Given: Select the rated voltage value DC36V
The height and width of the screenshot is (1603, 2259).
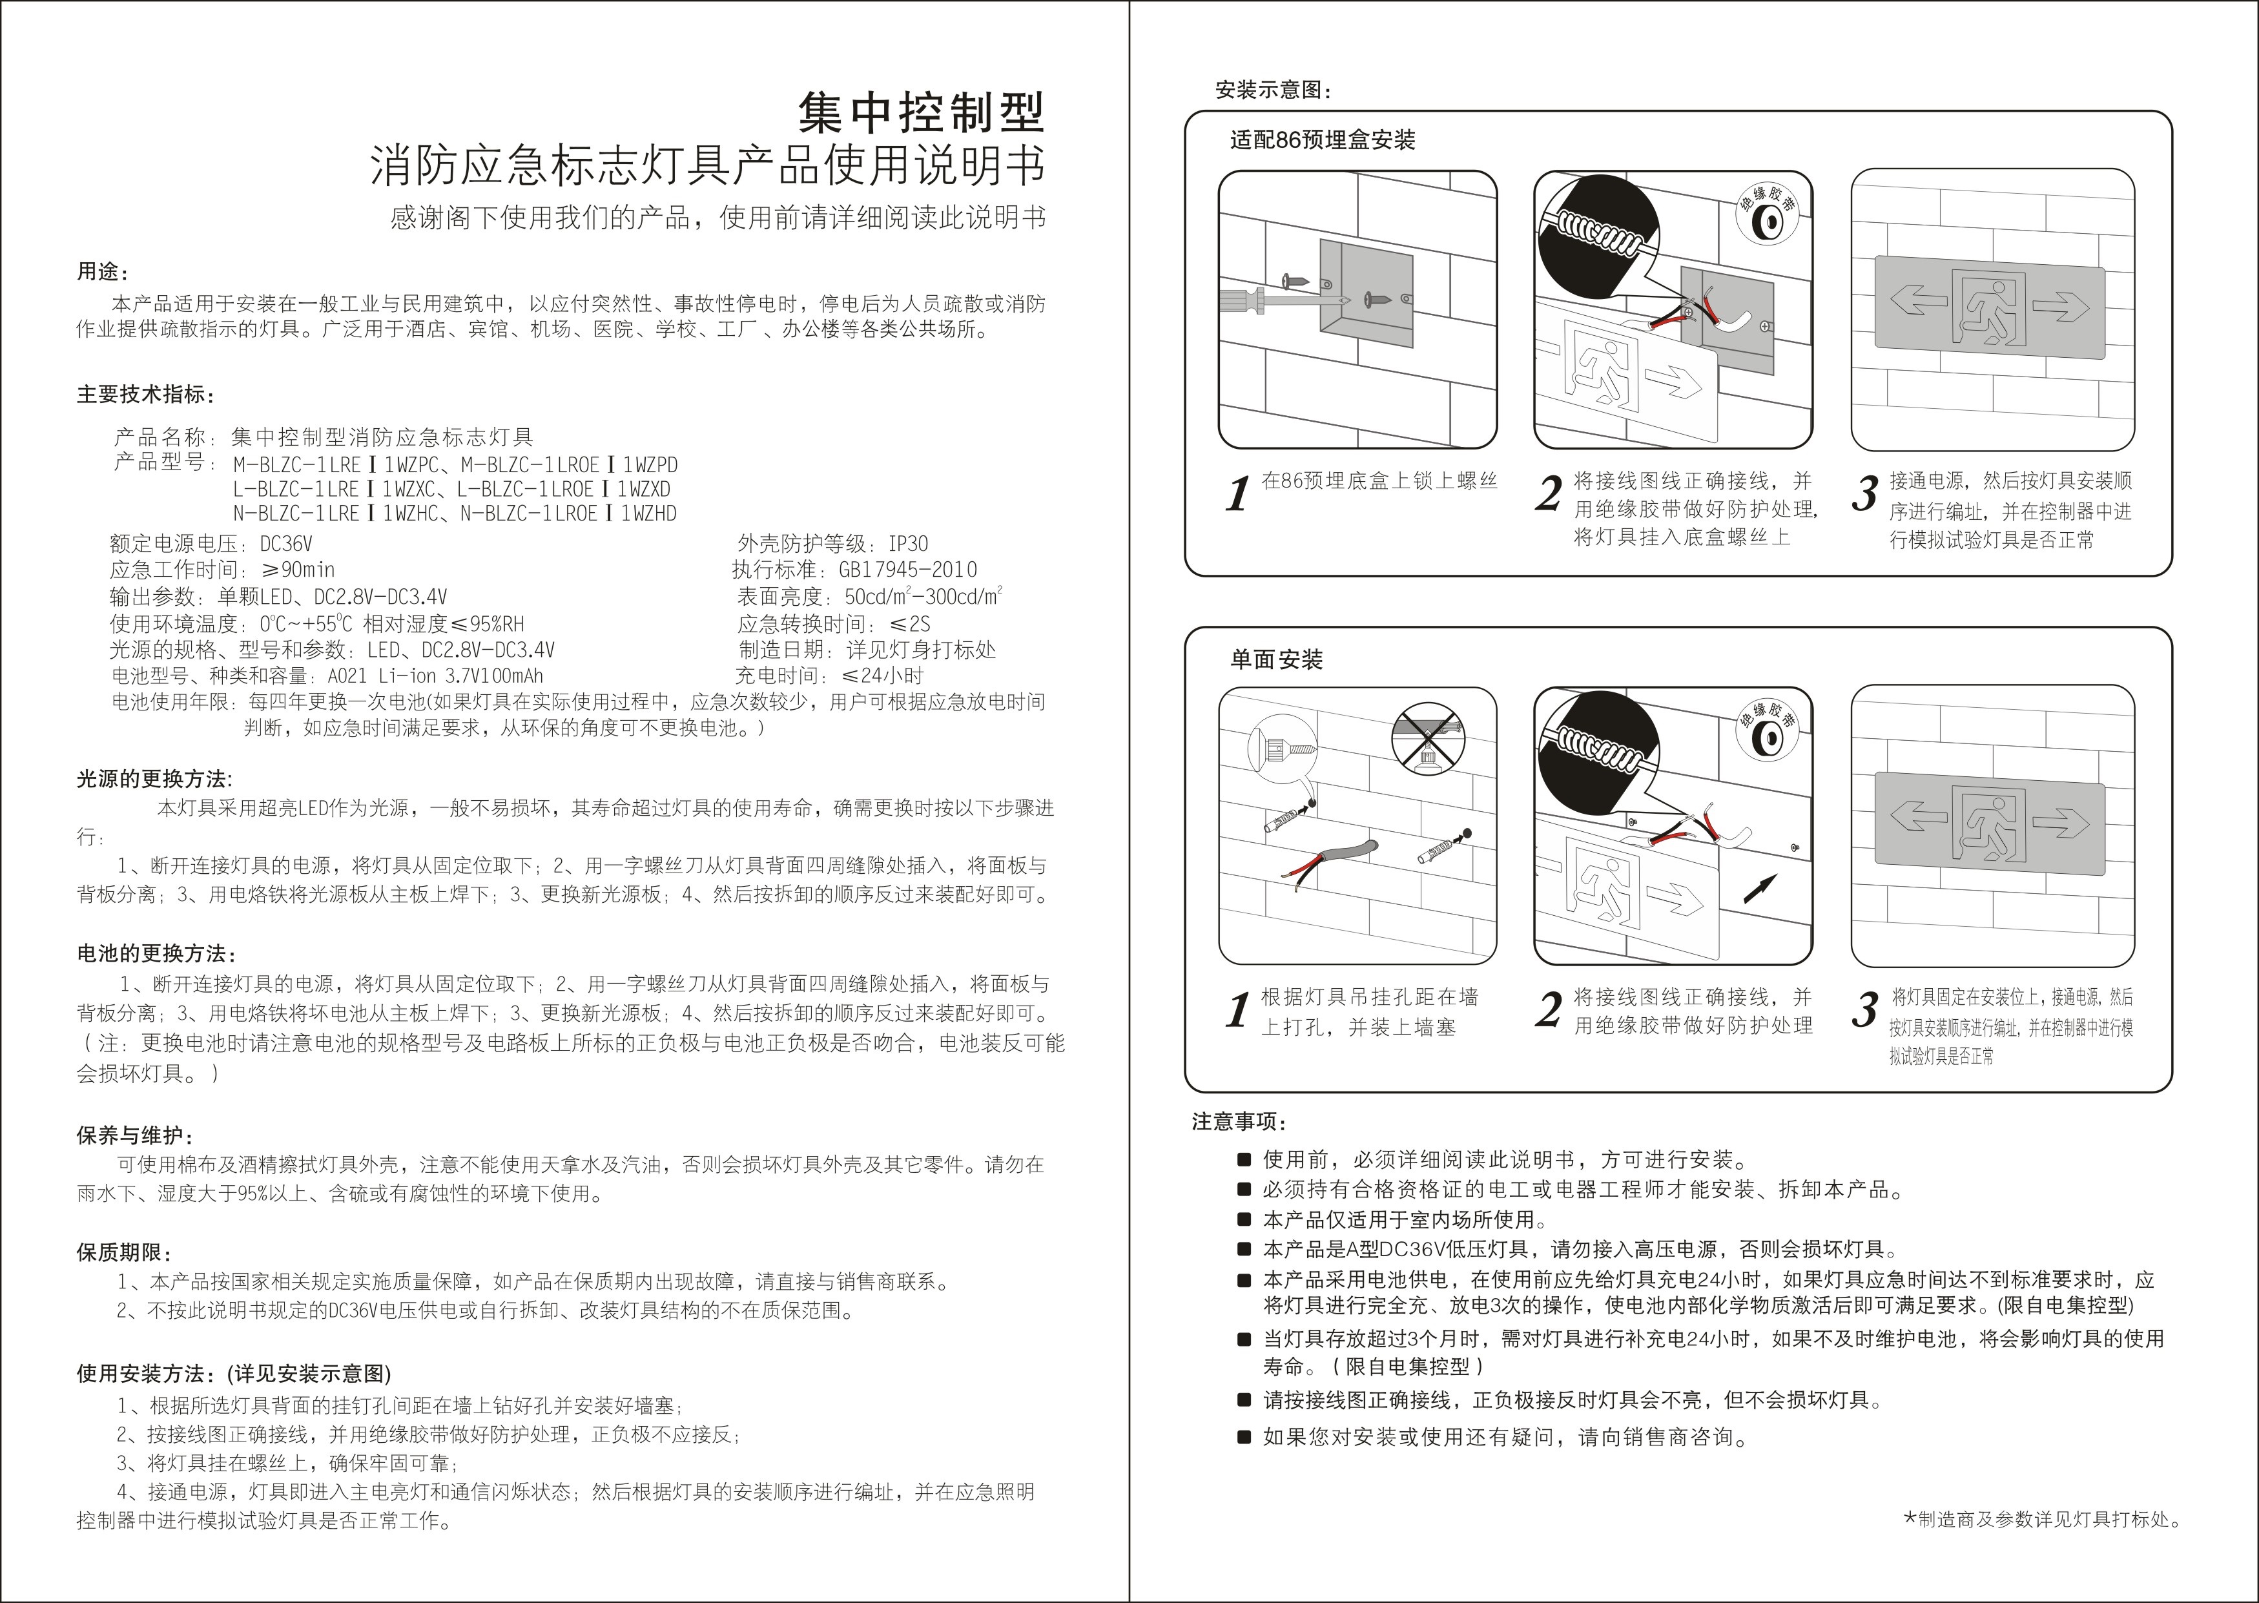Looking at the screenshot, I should pos(286,544).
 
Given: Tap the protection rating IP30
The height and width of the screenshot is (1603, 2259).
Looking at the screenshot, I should pos(908,544).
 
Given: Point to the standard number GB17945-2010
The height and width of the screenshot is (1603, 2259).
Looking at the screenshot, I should pos(908,570).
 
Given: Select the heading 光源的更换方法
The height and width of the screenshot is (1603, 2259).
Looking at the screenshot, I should pos(154,779).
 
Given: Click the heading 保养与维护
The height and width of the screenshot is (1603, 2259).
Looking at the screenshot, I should pos(134,1135).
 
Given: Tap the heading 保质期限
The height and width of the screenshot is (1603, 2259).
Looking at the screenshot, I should pos(125,1252).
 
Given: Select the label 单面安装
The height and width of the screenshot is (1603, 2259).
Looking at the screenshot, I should pos(1276,659).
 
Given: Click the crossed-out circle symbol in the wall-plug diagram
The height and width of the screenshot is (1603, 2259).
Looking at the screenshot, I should pos(1427,738).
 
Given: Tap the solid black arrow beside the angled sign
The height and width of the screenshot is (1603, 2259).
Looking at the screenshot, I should pos(1760,888).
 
